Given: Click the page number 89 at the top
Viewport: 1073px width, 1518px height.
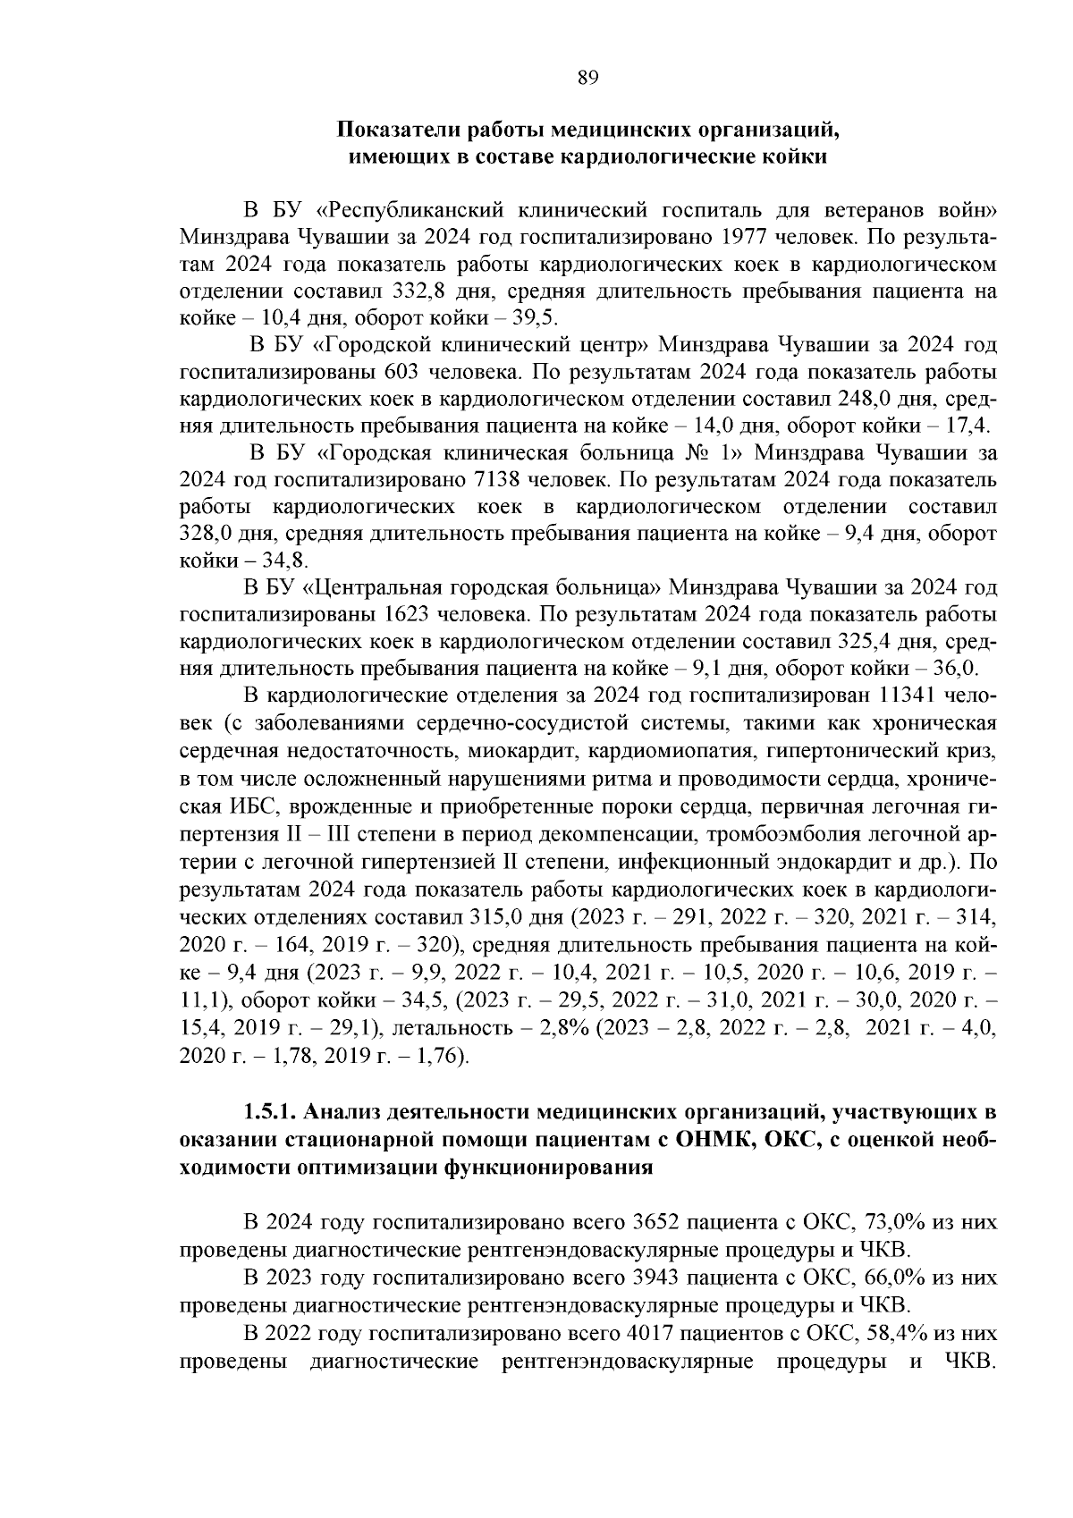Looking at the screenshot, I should [x=587, y=77].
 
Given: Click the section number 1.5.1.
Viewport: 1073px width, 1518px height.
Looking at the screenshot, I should [x=270, y=1113].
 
